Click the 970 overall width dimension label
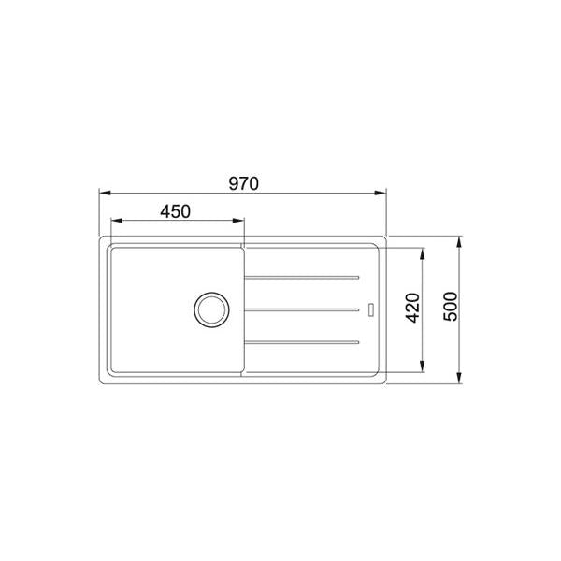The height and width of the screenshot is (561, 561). click(x=243, y=183)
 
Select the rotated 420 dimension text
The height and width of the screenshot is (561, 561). click(x=413, y=308)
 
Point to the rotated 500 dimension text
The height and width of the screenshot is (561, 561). click(x=449, y=308)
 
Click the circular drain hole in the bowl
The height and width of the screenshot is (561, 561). click(x=209, y=309)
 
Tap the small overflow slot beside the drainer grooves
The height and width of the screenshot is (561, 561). click(x=372, y=309)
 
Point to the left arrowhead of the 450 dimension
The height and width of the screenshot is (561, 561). click(x=116, y=222)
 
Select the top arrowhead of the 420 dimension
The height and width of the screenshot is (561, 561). click(x=426, y=252)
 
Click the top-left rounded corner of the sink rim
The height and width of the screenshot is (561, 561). click(x=101, y=239)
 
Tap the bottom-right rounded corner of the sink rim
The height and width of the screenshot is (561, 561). click(x=383, y=380)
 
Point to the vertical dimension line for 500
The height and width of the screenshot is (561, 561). click(x=460, y=280)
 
